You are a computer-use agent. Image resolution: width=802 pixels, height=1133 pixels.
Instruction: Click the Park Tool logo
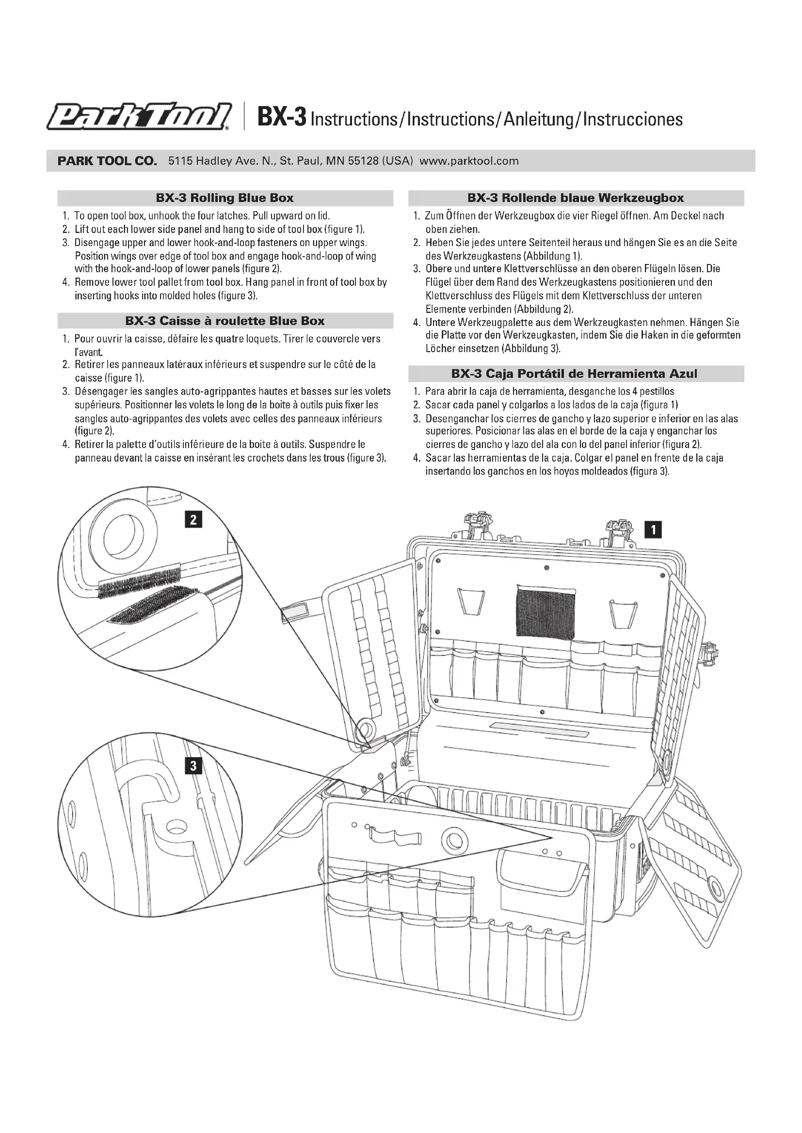[x=139, y=117]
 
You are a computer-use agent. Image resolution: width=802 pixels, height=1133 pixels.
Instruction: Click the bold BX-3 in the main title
[x=282, y=118]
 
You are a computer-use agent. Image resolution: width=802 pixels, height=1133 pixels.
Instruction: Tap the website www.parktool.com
[x=469, y=161]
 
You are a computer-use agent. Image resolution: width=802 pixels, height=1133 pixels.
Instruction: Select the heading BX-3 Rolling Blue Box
[x=225, y=198]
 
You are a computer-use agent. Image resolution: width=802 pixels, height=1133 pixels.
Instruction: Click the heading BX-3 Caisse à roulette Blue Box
[x=225, y=321]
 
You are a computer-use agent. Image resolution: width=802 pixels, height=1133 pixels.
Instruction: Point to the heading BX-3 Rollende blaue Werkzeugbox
[x=576, y=198]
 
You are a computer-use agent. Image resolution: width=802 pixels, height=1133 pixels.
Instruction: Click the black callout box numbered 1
[x=653, y=530]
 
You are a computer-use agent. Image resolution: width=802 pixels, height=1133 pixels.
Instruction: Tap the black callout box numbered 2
[x=193, y=519]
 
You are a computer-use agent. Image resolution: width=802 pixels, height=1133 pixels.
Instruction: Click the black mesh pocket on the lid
[x=545, y=612]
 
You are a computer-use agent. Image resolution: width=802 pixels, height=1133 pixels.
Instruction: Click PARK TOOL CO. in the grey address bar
[x=107, y=161]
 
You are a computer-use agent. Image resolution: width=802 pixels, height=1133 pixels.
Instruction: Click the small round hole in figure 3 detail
[x=175, y=825]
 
